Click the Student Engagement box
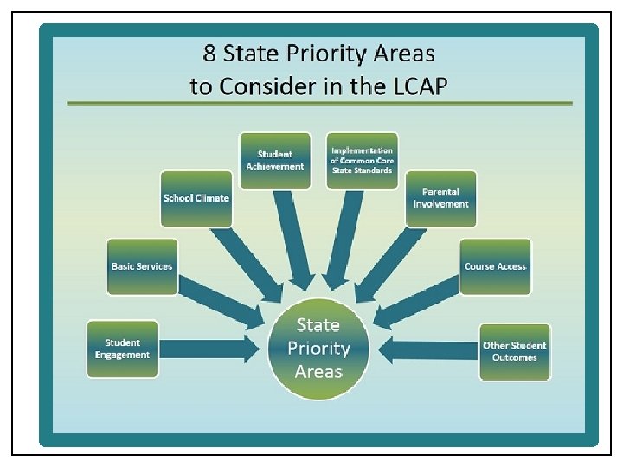(123, 349)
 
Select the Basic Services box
(142, 266)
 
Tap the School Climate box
(196, 198)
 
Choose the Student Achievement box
(274, 160)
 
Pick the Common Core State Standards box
(362, 160)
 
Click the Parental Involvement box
(440, 198)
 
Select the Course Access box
(495, 266)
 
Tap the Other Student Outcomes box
(515, 351)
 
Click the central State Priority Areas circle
(318, 349)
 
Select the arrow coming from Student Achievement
(291, 238)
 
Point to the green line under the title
(320, 103)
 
